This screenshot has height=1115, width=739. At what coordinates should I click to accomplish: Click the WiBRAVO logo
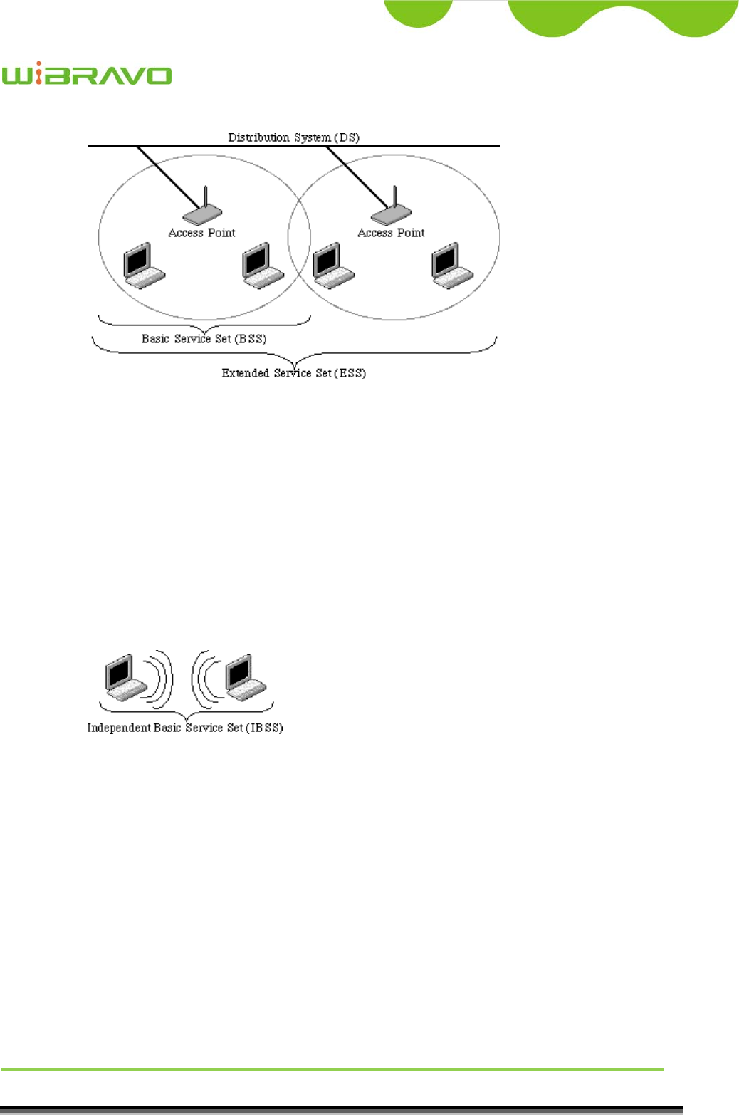tap(86, 75)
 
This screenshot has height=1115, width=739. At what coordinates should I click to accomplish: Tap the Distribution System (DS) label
tap(293, 137)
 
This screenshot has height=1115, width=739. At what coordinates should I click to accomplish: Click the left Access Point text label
tap(201, 233)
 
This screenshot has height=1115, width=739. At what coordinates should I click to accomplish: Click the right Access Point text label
tap(391, 233)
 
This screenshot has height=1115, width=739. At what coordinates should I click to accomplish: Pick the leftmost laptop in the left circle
tap(143, 265)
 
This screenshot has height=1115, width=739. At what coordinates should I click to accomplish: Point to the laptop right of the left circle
tap(262, 265)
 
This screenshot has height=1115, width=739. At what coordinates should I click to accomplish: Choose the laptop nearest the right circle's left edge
tap(332, 265)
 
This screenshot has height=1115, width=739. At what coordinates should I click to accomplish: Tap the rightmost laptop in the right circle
tap(452, 265)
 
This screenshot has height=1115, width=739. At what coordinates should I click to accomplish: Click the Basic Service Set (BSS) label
tap(204, 339)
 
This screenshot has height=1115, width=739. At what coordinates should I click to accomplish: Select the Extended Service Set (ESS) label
tap(293, 373)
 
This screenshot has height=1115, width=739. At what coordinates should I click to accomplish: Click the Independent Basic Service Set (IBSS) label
tap(184, 728)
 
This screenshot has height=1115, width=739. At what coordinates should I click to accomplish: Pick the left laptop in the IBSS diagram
tap(125, 677)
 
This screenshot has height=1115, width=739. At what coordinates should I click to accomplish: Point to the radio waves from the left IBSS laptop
tap(161, 677)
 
